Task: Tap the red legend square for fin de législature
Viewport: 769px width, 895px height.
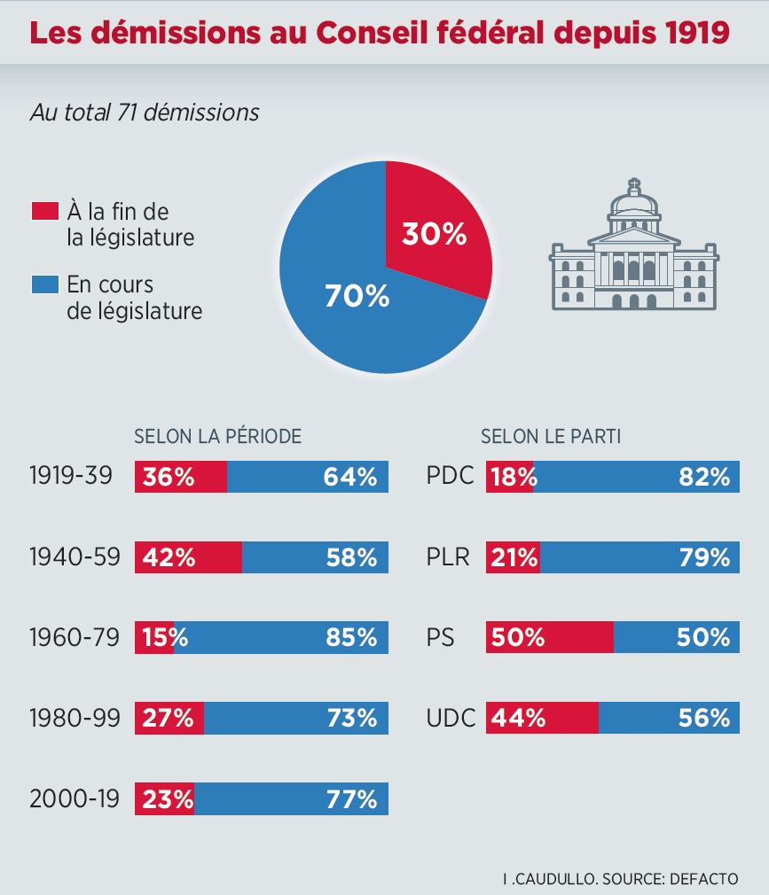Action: click(43, 212)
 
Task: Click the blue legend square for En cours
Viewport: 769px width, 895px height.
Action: click(43, 285)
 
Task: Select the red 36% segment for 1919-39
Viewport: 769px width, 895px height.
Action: click(180, 477)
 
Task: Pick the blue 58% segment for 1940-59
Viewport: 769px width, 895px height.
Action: click(315, 557)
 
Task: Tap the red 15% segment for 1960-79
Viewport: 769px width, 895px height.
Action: click(153, 638)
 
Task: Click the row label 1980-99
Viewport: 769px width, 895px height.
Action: click(75, 719)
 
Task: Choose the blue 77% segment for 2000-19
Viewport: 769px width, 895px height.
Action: click(291, 799)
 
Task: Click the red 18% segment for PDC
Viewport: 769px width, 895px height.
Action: click(509, 477)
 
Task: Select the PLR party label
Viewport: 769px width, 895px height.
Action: click(451, 557)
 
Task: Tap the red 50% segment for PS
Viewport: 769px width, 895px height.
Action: click(549, 638)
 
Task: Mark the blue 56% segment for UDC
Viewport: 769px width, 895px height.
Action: click(670, 719)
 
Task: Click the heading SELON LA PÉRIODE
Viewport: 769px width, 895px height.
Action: click(217, 436)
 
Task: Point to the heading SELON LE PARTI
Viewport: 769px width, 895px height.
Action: click(550, 436)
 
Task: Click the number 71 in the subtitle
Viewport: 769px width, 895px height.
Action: click(127, 113)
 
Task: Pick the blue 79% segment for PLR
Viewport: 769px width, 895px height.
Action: click(640, 557)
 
